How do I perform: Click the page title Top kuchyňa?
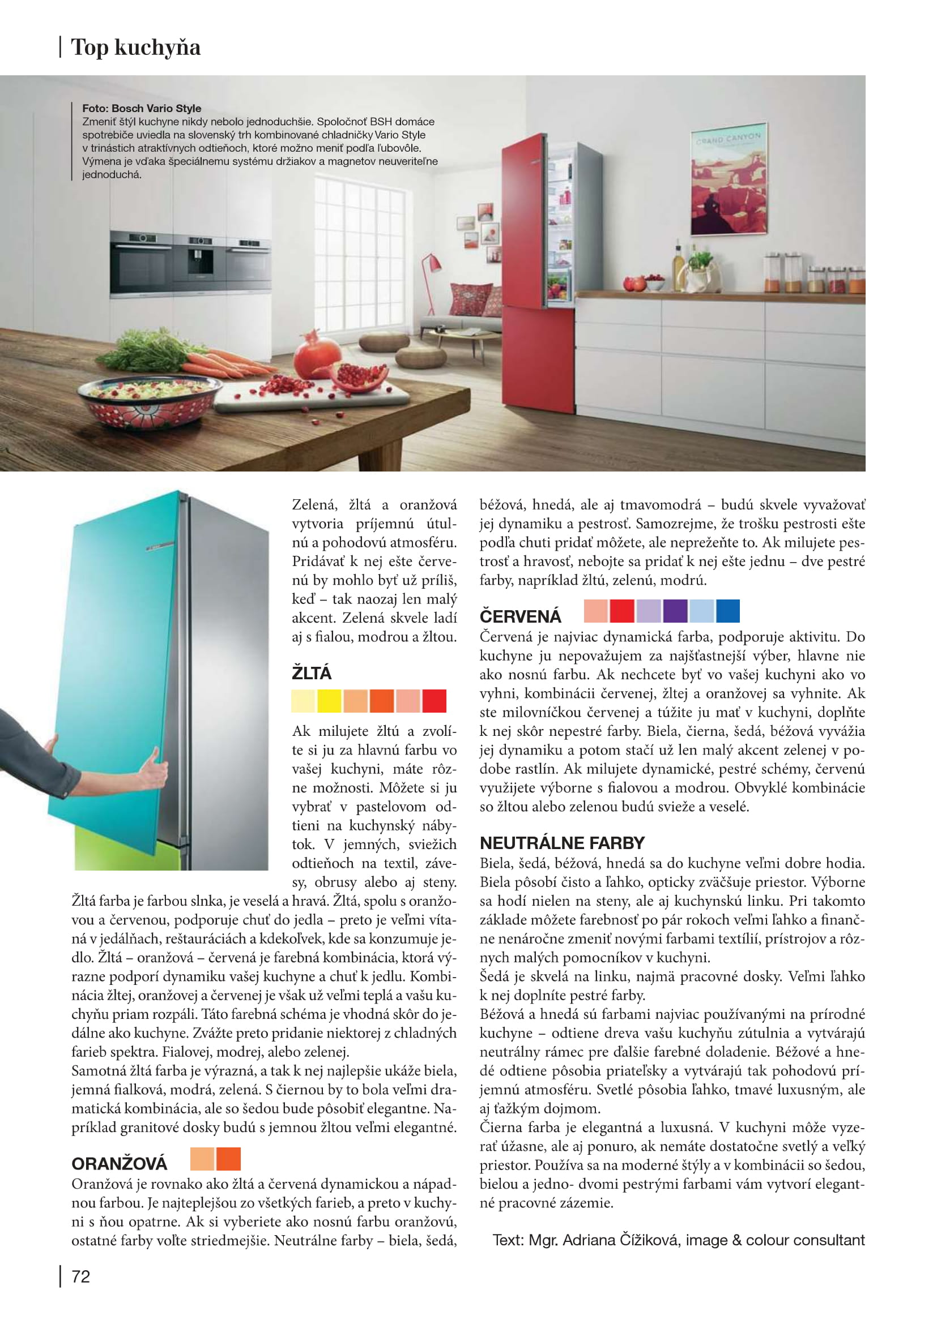tap(135, 48)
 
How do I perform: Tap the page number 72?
tap(81, 1276)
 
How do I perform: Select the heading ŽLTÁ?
tap(312, 673)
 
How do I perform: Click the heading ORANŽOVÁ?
tap(120, 1163)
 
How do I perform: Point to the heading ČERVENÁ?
tap(520, 616)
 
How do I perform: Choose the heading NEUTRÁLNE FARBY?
tap(562, 842)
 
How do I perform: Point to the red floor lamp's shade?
tap(432, 264)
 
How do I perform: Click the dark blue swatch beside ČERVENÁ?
tap(727, 611)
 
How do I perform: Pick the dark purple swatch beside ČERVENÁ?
tap(675, 611)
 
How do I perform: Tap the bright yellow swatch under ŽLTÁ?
tap(330, 701)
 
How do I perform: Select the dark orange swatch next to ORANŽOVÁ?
tap(228, 1159)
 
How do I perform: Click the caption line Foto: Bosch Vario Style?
tap(142, 108)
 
